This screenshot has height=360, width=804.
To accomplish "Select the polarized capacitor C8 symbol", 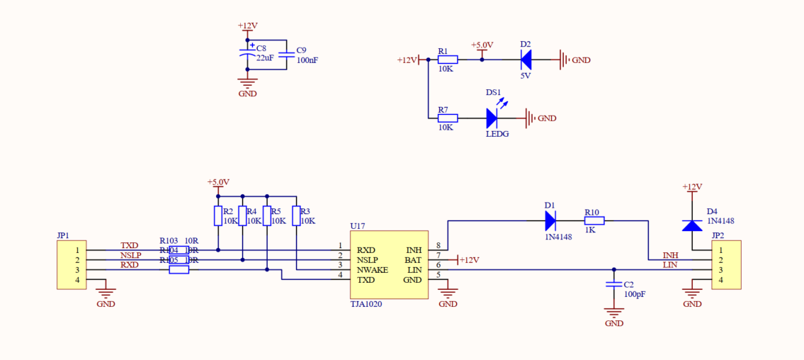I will point(247,55).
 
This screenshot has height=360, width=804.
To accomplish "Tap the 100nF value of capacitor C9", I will point(307,61).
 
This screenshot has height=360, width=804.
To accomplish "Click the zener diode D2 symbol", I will point(526,60).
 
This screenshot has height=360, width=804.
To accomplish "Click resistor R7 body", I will point(448,118).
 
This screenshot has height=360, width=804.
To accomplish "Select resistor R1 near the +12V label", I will point(448,60).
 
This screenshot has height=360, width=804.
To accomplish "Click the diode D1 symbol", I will point(551,221).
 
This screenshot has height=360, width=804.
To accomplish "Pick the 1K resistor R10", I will point(594,221).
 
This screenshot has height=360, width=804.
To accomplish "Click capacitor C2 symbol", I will point(613,284).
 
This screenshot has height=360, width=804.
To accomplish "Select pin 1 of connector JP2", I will point(721,250).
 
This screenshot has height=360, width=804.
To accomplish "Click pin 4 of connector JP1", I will point(77,280).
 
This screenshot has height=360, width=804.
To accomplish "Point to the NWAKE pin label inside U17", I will point(372,270).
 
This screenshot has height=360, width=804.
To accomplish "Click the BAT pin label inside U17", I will point(413,260).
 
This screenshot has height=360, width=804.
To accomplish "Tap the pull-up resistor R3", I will point(296,215).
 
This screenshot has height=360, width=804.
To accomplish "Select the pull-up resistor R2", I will point(218,215).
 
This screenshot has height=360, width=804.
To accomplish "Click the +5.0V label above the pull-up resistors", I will point(218,182).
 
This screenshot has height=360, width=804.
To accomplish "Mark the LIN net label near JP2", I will point(670,265).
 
